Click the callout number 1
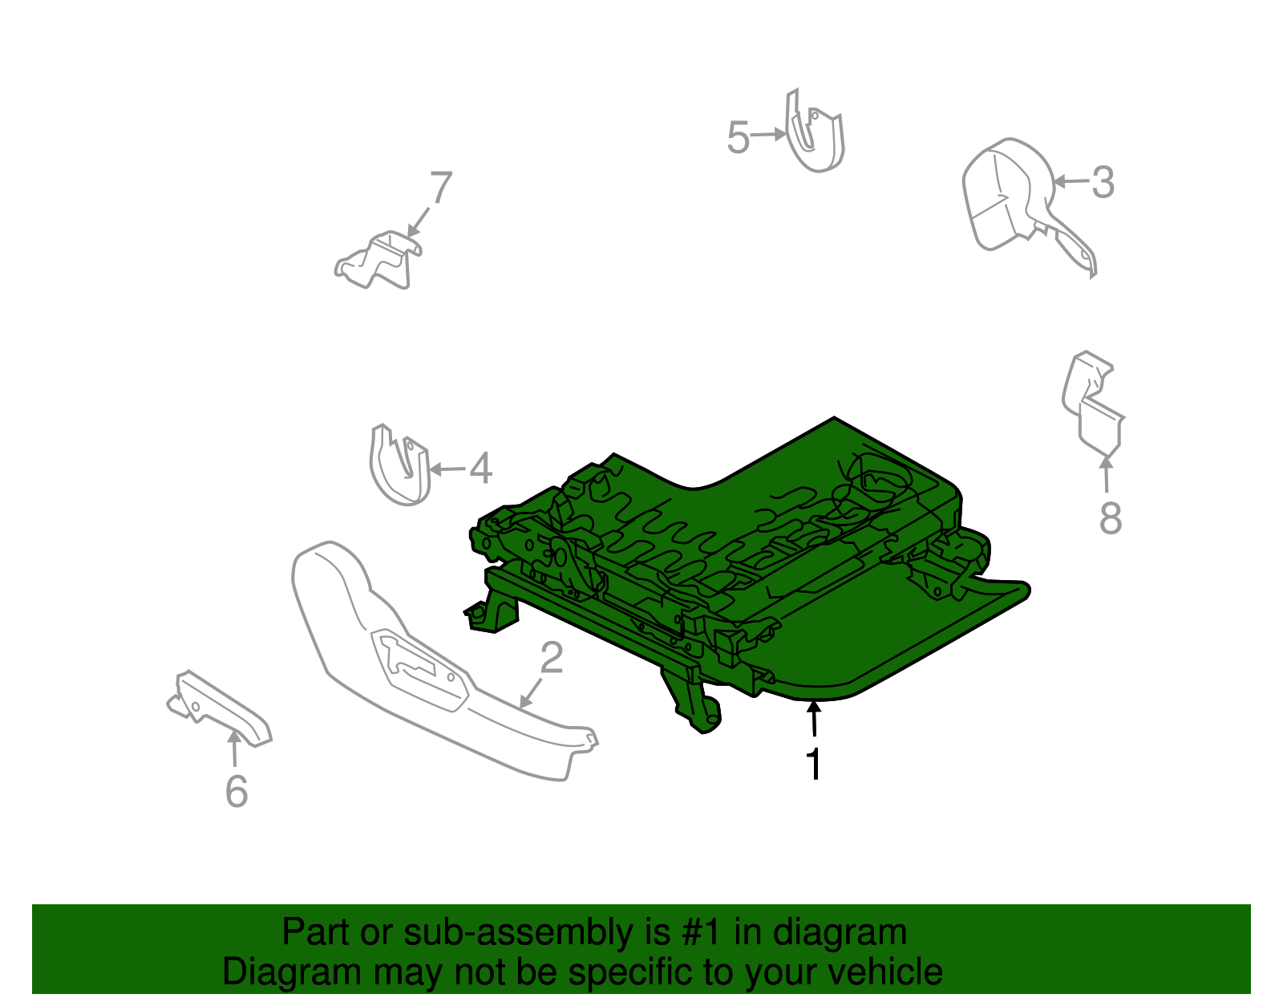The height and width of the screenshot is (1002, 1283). click(x=814, y=763)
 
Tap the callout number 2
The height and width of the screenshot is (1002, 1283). click(x=552, y=657)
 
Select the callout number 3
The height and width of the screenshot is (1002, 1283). click(x=1103, y=182)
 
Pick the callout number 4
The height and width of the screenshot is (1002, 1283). click(x=480, y=469)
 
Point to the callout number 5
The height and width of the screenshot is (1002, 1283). click(x=738, y=137)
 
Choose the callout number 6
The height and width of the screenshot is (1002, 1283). click(x=237, y=791)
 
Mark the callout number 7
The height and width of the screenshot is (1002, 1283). click(x=441, y=187)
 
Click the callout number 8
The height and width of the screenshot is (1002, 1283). click(x=1110, y=517)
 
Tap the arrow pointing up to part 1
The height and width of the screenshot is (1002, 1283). click(x=814, y=718)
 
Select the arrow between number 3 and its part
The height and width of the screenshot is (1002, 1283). click(x=1071, y=181)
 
